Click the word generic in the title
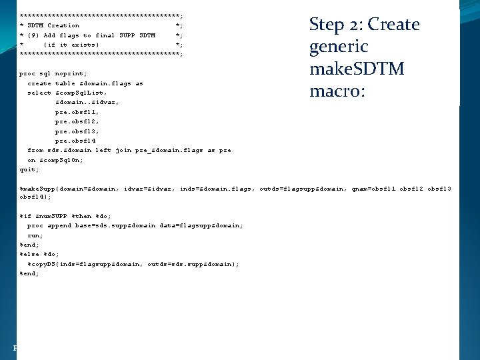coord(339,47)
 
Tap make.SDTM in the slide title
coord(357,69)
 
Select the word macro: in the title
coord(337,91)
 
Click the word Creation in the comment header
coord(63,25)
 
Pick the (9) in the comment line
coord(33,35)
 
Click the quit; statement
coord(29,170)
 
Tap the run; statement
coord(35,235)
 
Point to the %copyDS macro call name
coord(43,264)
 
